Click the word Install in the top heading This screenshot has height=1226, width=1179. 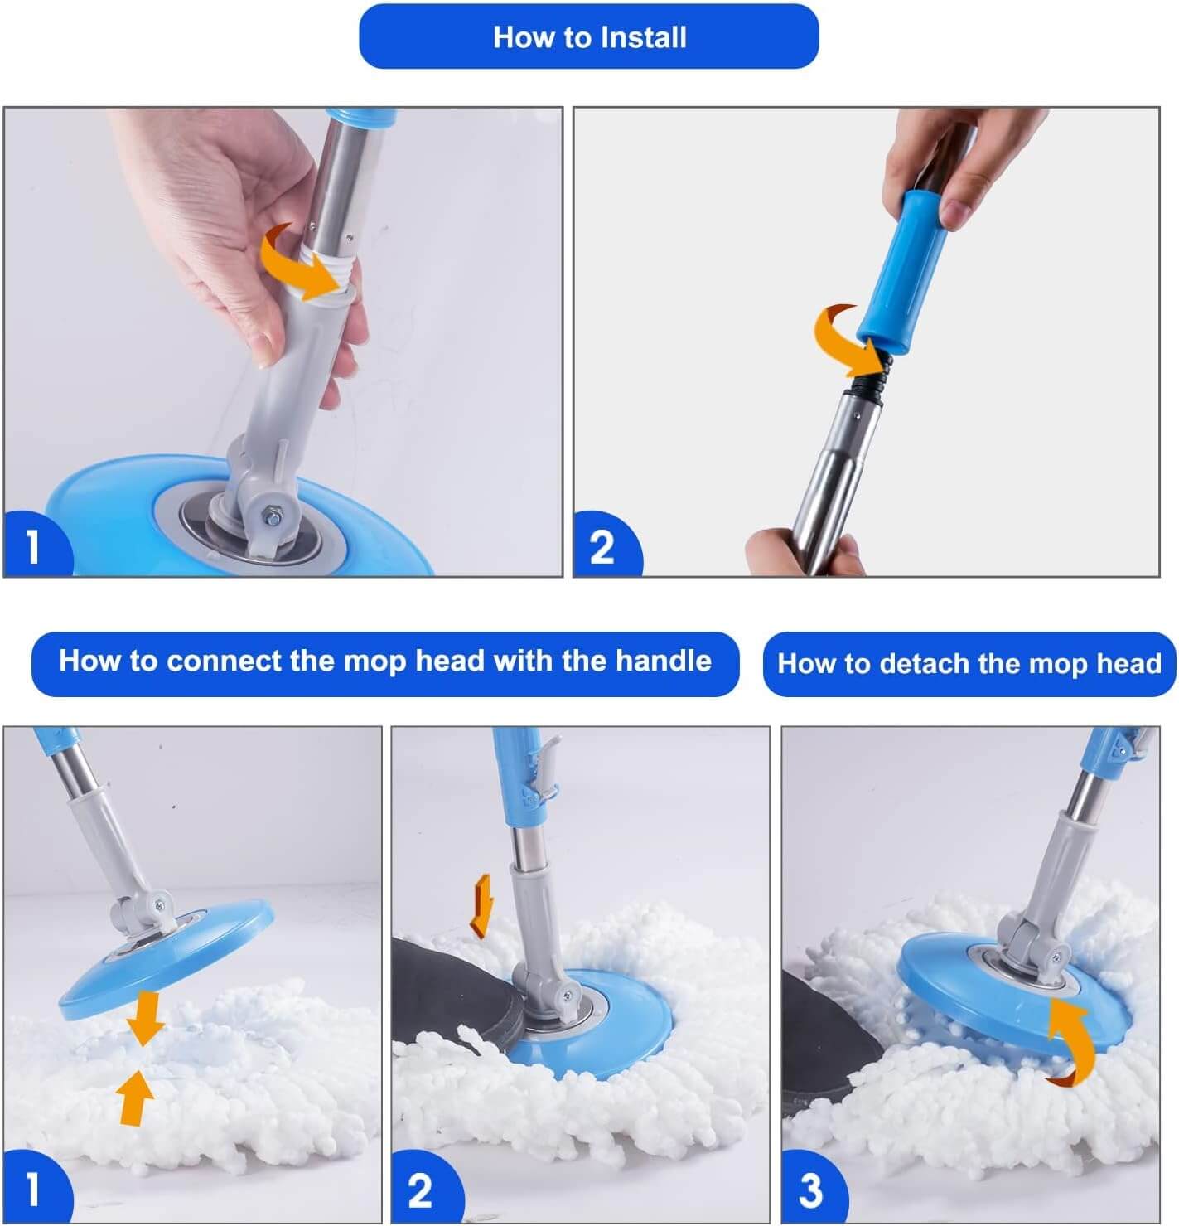pos(643,37)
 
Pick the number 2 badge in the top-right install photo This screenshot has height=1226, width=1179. pos(606,545)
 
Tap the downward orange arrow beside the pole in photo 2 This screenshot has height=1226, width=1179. pos(482,905)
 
